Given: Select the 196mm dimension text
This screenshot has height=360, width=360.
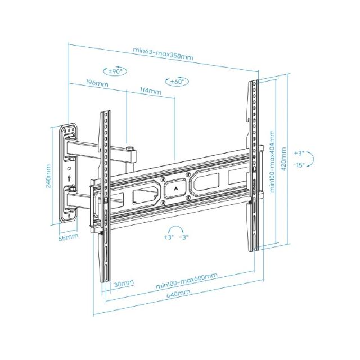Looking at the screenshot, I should pyautogui.click(x=97, y=83).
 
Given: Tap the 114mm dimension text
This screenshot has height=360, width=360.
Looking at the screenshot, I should pyautogui.click(x=151, y=90).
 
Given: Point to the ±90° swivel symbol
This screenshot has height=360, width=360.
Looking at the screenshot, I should pyautogui.click(x=116, y=71).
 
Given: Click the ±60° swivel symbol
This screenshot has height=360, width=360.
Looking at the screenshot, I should pyautogui.click(x=177, y=81).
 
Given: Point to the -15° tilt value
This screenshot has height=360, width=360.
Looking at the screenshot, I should pyautogui.click(x=300, y=165).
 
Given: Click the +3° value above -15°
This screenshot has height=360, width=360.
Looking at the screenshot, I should pyautogui.click(x=300, y=153).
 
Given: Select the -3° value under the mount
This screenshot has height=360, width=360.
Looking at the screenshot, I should pyautogui.click(x=183, y=237).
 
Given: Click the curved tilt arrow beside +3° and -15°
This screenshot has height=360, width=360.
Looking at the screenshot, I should pyautogui.click(x=312, y=159).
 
